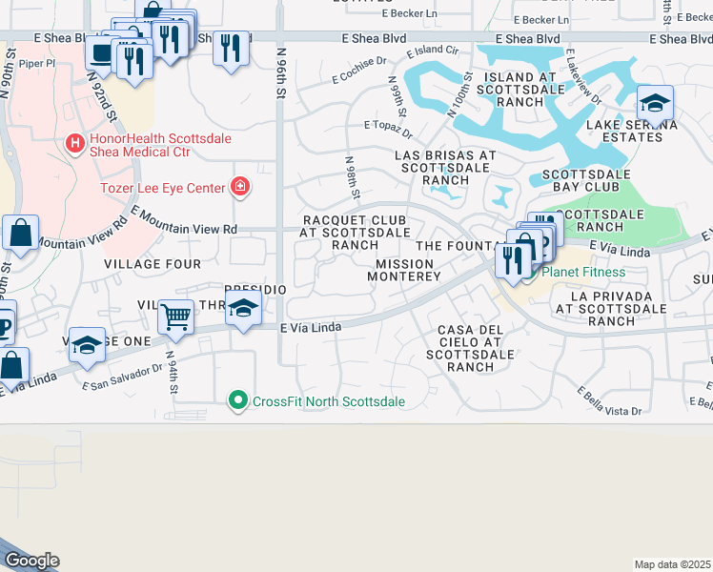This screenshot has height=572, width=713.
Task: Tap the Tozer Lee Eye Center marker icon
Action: pyautogui.click(x=239, y=187)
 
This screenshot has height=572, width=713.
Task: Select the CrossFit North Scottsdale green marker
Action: pyautogui.click(x=239, y=400)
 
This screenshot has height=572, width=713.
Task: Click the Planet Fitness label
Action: pyautogui.click(x=583, y=272)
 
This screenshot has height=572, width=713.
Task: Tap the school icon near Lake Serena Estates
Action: pyautogui.click(x=655, y=102)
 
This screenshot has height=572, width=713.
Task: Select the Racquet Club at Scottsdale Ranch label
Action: pyautogui.click(x=355, y=232)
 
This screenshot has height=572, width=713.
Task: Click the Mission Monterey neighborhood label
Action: pyautogui.click(x=408, y=270)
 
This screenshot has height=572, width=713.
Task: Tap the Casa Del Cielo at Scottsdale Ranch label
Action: pyautogui.click(x=470, y=348)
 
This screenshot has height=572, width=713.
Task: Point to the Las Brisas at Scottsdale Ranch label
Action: pyautogui.click(x=446, y=167)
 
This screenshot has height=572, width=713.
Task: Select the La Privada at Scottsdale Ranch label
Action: pyautogui.click(x=617, y=309)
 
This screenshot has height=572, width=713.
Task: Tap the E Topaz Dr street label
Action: pyautogui.click(x=387, y=126)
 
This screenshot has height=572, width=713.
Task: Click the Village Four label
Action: pyautogui.click(x=153, y=263)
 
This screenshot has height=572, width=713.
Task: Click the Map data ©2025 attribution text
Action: pyautogui.click(x=673, y=564)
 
